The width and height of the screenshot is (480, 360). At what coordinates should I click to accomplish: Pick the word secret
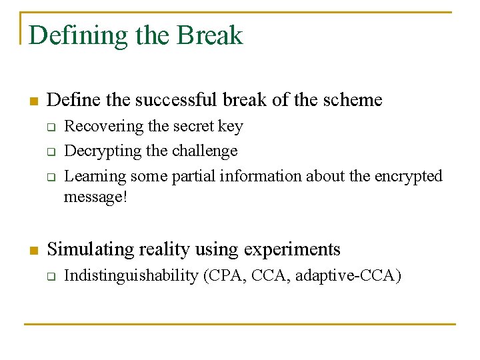pyautogui.click(x=194, y=126)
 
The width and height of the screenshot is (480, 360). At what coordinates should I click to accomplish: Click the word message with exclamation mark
pyautogui.click(x=95, y=198)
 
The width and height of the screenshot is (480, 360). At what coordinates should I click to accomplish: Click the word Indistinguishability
pyautogui.click(x=131, y=275)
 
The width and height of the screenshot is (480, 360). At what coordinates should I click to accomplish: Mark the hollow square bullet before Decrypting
pyautogui.click(x=50, y=152)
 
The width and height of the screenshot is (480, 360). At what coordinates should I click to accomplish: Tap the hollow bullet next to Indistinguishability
pyautogui.click(x=50, y=276)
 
